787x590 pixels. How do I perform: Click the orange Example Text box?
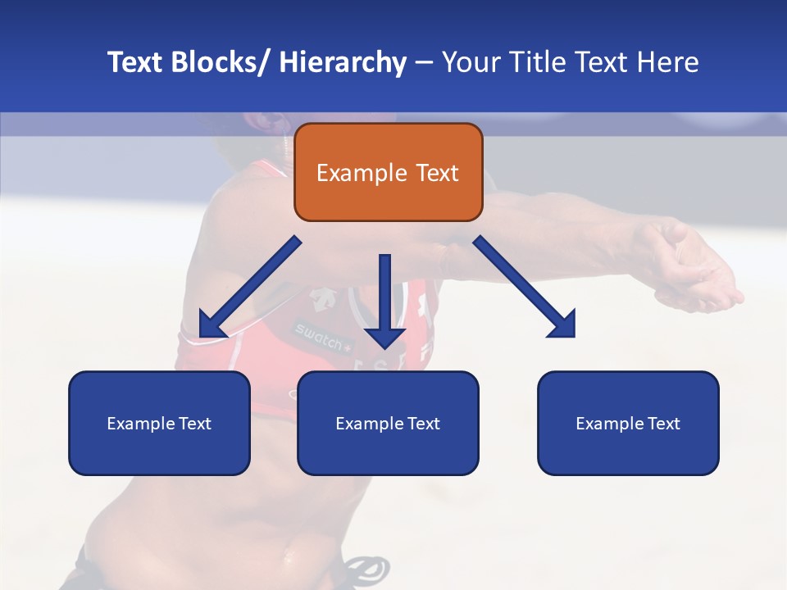(x=388, y=172)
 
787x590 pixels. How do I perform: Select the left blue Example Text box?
(x=159, y=423)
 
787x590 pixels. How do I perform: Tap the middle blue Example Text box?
(x=388, y=423)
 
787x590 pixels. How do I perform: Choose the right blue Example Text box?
(x=628, y=423)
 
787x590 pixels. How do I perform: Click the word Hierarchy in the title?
(x=343, y=62)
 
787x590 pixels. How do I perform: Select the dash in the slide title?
(x=424, y=62)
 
